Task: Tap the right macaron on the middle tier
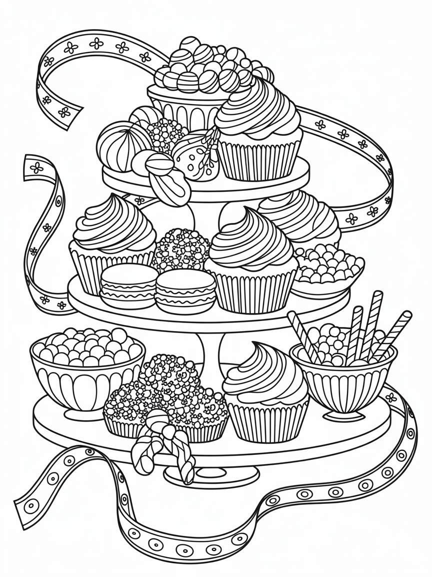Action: pyautogui.click(x=185, y=291)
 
